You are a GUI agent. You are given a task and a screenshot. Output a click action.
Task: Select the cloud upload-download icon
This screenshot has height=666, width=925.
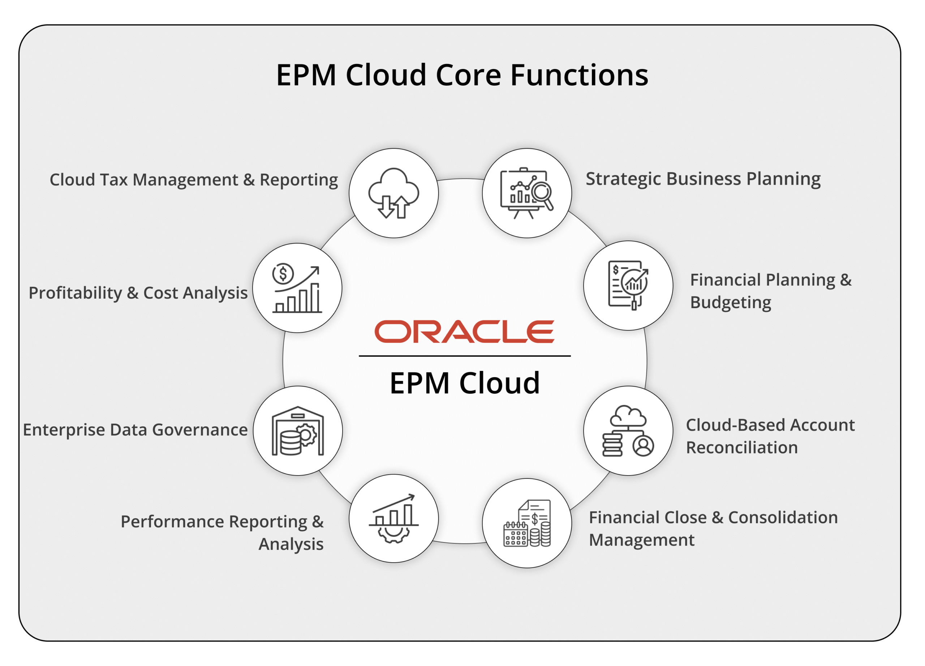click(x=393, y=193)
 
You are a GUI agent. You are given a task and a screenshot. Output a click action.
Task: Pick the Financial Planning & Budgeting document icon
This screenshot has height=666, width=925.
click(x=628, y=285)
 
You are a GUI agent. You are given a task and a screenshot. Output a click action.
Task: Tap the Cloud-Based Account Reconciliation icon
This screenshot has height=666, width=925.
click(x=628, y=431)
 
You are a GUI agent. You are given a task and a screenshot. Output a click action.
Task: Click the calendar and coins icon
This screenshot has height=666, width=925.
click(x=527, y=523)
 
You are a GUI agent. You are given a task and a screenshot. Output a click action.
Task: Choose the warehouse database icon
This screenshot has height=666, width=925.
click(x=298, y=431)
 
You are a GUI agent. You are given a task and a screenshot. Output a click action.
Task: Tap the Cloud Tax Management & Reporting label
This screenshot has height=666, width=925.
click(x=194, y=180)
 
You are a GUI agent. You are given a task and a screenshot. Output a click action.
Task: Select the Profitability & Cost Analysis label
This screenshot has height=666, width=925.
click(x=138, y=293)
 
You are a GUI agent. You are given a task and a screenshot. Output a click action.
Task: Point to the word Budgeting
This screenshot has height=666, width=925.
click(x=731, y=303)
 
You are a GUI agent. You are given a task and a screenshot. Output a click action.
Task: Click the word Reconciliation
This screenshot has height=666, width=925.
click(x=742, y=448)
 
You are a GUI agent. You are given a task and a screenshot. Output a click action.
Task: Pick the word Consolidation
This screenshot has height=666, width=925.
click(x=783, y=517)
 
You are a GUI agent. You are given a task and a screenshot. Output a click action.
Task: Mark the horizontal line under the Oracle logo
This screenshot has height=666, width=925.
click(x=465, y=356)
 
